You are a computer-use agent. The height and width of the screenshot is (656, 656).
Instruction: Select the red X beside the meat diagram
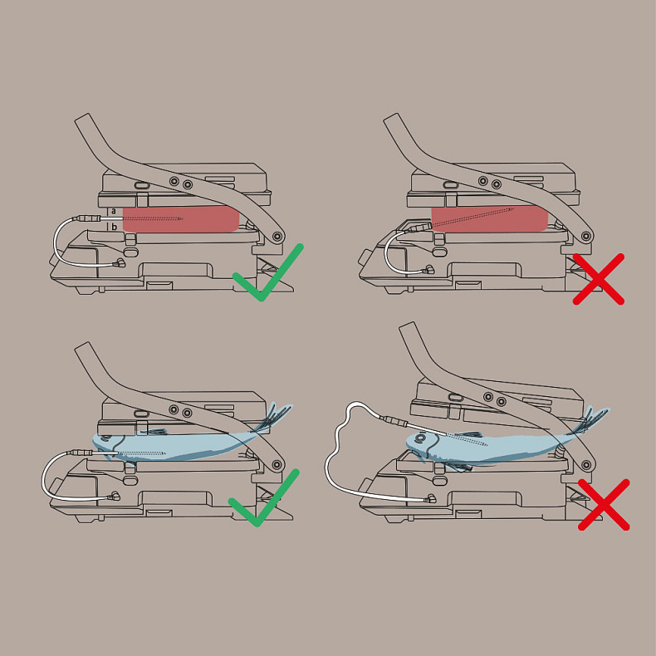598,279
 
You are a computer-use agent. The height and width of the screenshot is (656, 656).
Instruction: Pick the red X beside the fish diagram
604,505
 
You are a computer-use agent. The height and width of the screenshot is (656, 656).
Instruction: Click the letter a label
114,211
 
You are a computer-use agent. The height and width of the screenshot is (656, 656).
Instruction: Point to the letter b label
114,228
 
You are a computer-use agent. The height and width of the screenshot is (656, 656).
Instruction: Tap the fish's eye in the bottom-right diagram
421,438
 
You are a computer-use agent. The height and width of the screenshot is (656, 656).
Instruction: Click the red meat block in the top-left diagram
181,219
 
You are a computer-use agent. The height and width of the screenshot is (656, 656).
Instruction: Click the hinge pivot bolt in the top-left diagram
277,237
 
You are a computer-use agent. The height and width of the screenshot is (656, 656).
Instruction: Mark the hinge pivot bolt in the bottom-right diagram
585,465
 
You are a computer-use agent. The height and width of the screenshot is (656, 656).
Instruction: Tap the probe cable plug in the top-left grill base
120,263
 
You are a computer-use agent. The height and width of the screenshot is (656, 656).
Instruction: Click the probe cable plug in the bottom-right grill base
430,498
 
